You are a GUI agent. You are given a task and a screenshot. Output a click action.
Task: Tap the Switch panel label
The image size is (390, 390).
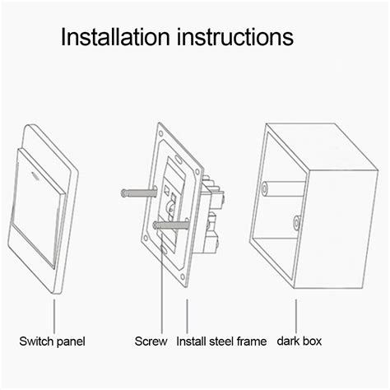tap(53, 341)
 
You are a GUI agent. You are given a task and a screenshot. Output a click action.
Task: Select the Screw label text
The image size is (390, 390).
tap(151, 341)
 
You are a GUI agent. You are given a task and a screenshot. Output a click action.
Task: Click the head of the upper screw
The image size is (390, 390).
tap(123, 193)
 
